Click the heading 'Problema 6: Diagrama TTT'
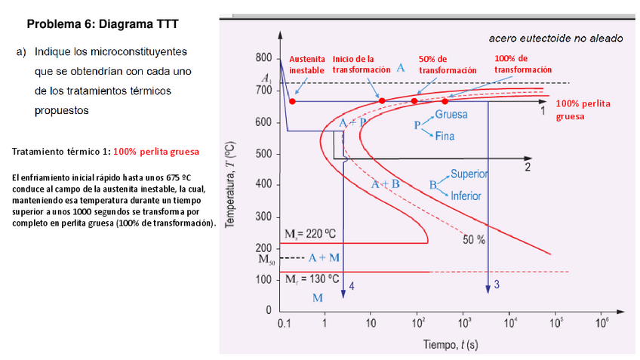[103, 24]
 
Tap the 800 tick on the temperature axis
[263, 58]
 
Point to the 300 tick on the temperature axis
[263, 217]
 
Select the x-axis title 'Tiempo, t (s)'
[451, 345]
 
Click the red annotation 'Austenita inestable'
[307, 64]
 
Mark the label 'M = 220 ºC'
[309, 232]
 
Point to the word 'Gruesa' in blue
[451, 115]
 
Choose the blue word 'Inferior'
[466, 195]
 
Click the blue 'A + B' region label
[386, 183]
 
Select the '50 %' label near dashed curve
[474, 239]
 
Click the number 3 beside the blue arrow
[497, 285]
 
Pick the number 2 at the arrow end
[528, 166]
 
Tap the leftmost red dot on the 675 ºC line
[293, 101]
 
